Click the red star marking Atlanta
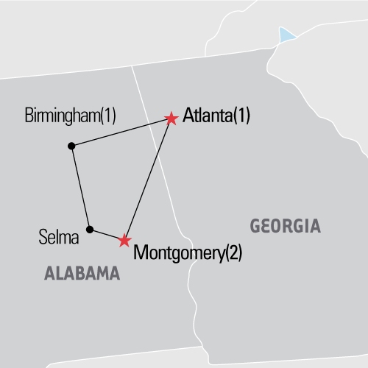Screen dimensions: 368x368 pos(171,118)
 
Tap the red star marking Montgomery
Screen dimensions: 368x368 pos(124,240)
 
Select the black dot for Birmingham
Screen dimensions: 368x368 pos(71,146)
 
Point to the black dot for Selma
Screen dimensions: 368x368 pos(89,229)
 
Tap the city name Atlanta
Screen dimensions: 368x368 pos(205,116)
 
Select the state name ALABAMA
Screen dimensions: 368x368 pos(82,274)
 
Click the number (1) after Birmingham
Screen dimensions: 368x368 pos(116,116)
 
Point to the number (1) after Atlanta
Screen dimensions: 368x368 pos(240,116)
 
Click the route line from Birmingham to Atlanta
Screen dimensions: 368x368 pos(121,132)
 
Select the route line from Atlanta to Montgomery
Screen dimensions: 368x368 pos(147,180)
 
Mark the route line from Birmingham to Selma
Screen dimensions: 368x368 pos(80,188)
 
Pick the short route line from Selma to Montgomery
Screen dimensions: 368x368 pos(107,235)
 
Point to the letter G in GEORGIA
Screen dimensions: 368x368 pos(256,226)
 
